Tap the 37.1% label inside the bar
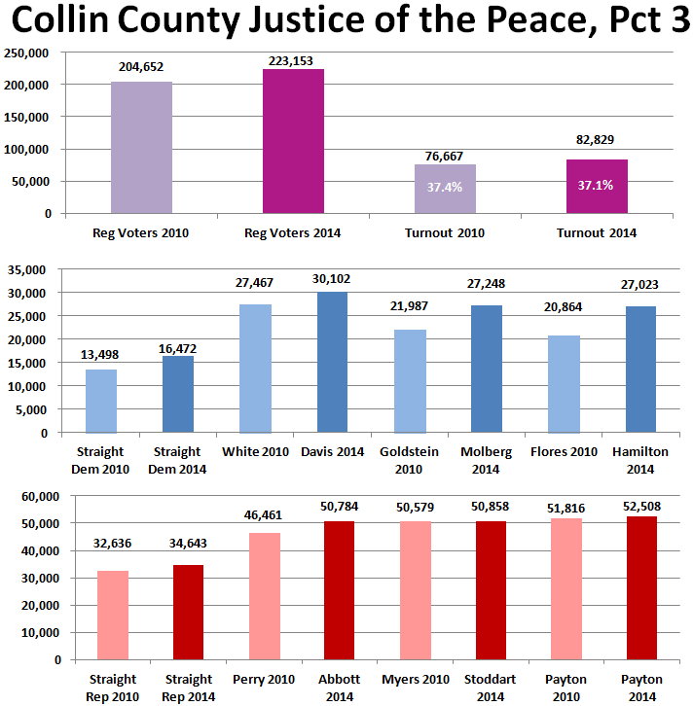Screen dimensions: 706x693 [596, 185]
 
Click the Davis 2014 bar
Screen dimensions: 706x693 [333, 362]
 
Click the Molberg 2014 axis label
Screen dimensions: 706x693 [487, 459]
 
